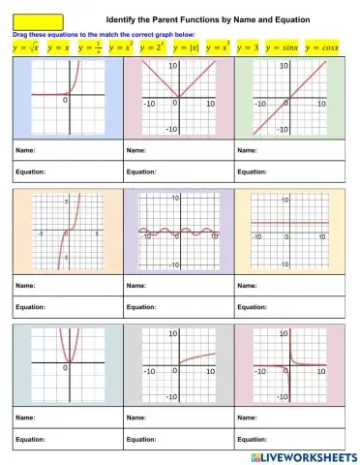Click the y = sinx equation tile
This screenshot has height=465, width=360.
283,46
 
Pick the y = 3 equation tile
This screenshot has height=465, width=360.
247,46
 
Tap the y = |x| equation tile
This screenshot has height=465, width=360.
186,46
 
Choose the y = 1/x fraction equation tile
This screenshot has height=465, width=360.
92,46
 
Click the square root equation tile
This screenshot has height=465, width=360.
23,46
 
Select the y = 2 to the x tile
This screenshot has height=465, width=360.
153,46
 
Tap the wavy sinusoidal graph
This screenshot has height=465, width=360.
175,232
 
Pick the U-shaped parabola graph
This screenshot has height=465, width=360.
66,366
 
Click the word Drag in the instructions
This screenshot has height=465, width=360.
19,33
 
